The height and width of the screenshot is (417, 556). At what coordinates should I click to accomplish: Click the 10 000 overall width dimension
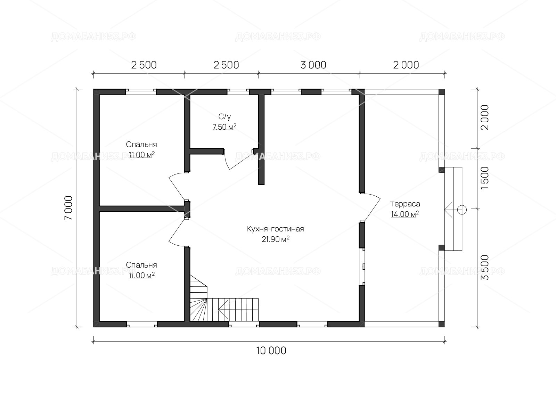click(271, 351)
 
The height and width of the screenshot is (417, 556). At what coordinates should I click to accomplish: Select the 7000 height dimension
click(69, 208)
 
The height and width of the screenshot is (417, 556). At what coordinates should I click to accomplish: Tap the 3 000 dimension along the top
click(313, 65)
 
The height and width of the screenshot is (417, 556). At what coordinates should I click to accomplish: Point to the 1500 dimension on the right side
click(484, 178)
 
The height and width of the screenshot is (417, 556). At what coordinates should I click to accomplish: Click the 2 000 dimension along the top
click(406, 65)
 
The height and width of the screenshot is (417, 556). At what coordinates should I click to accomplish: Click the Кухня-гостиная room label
click(275, 229)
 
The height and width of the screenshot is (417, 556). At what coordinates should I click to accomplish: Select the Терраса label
click(405, 204)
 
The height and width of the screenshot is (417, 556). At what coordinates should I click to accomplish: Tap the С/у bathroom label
click(225, 116)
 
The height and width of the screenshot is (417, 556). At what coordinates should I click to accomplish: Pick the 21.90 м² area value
click(275, 239)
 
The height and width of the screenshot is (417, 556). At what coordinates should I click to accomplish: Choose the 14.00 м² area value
click(404, 214)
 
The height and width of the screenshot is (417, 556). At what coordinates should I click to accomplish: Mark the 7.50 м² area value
click(224, 126)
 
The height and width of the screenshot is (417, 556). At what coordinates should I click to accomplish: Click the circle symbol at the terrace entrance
click(462, 210)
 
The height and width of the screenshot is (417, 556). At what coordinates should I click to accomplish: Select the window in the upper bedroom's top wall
click(141, 92)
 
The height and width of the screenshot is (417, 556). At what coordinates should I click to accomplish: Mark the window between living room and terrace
click(363, 266)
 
